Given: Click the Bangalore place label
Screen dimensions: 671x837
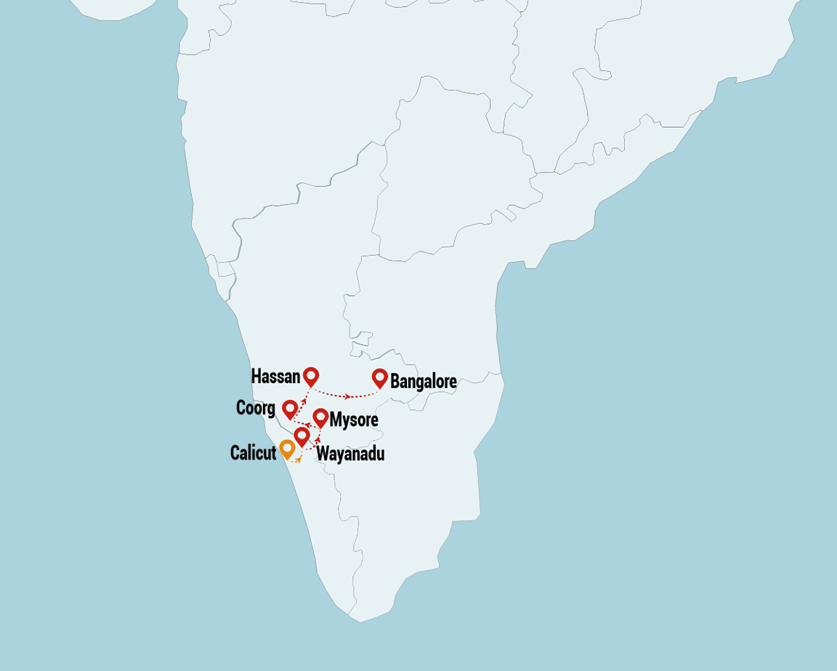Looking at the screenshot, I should [x=424, y=382].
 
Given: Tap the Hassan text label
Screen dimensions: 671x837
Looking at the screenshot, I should [x=275, y=377].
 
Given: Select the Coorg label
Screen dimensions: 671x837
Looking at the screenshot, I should [x=256, y=409].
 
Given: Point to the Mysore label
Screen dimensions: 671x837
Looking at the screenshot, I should [x=354, y=420].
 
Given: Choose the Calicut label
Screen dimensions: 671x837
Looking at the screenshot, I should [x=253, y=453].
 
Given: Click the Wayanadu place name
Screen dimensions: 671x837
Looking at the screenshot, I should [x=350, y=455].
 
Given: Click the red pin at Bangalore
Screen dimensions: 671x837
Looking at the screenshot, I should [x=379, y=377].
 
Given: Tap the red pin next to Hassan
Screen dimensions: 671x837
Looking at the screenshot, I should [x=311, y=375].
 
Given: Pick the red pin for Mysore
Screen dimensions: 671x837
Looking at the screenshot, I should [x=320, y=417].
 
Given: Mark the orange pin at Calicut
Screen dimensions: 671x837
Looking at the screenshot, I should [x=287, y=448].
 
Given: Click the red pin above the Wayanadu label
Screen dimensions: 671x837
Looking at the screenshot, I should [x=302, y=435].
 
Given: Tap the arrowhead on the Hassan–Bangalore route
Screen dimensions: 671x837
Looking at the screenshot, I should [x=348, y=396].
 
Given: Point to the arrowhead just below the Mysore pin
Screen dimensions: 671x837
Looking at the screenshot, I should [x=319, y=438].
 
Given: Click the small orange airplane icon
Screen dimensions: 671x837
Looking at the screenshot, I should [x=298, y=459].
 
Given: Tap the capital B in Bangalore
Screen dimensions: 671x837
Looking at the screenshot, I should [x=395, y=382].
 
